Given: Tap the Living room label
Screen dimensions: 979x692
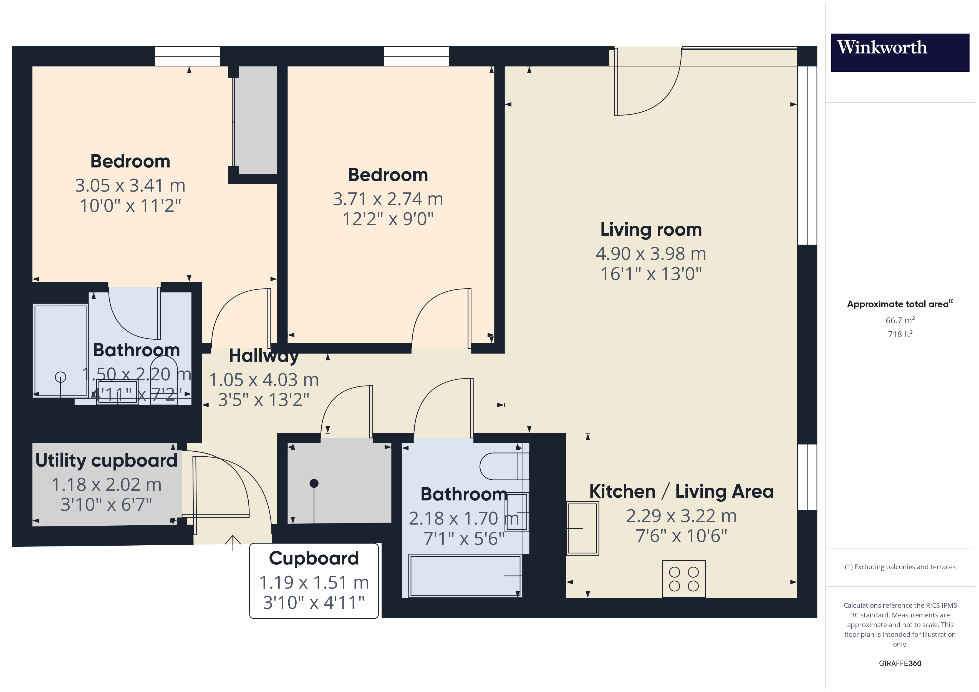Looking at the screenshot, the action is (651, 229).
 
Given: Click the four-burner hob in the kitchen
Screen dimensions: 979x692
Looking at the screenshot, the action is (683, 579).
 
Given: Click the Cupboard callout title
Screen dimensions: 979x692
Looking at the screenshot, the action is (314, 558).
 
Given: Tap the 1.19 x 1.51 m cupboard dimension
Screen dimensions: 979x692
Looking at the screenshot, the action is (314, 582).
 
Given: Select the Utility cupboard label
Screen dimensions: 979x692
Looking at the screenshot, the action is (106, 460).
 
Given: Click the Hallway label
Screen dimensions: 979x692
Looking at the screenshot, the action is (264, 356).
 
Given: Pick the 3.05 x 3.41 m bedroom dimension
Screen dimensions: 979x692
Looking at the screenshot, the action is (130, 185).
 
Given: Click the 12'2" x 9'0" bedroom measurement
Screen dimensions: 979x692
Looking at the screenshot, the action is (388, 219).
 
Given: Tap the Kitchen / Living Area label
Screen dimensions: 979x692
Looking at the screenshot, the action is (681, 491).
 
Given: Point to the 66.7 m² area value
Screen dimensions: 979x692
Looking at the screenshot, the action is (900, 320).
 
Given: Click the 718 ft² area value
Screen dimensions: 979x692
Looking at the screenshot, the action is (900, 334).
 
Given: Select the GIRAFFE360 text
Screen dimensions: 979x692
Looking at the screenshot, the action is (900, 663).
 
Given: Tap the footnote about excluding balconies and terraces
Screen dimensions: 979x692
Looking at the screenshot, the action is (900, 567).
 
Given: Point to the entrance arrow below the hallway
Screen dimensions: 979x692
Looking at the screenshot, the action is (233, 543).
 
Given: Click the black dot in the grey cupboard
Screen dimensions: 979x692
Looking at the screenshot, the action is (314, 483).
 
